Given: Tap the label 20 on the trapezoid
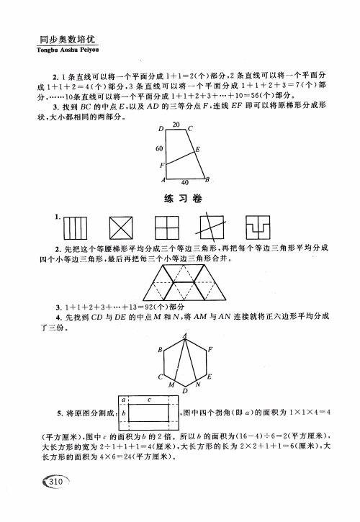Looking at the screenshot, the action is coord(176,125).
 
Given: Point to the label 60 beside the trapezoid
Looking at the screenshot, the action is coord(159,148).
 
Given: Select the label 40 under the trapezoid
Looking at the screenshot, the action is coord(185,183).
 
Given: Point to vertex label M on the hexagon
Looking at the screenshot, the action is coord(170,386).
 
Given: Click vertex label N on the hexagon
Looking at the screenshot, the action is coord(197,385).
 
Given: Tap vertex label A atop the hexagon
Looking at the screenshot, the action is coord(184,335).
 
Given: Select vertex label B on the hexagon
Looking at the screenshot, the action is coord(160,349).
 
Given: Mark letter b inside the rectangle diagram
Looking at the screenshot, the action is coord(124,415).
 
